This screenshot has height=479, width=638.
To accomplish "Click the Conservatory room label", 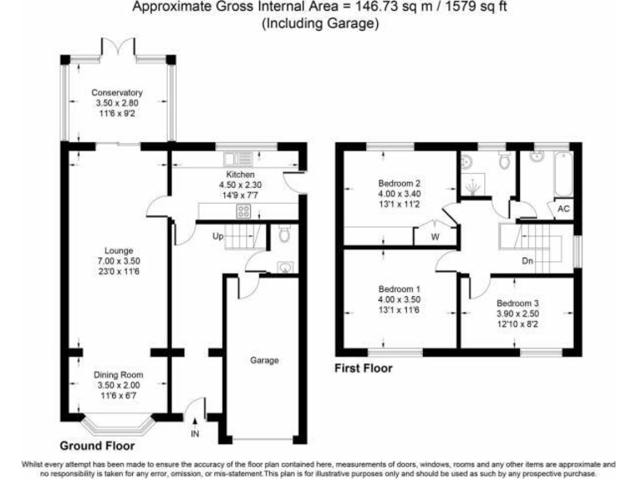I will coord(117,92).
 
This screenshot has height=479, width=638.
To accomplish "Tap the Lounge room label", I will coord(117,249).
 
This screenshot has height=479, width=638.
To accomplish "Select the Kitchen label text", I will coord(234,175).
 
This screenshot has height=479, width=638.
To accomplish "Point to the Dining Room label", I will coord(117,375).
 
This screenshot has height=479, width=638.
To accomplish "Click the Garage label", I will coord(265,360).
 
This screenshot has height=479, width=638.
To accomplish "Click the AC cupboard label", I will coord(563,209).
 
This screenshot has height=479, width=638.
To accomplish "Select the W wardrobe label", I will coord(434,235).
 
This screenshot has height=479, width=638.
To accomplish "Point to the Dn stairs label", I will coord(527,260).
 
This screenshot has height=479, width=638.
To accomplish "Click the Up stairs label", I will coord(218,237).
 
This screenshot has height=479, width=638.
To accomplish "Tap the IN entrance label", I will coord(195,434).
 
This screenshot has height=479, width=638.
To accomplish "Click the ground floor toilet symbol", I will coord(283,236).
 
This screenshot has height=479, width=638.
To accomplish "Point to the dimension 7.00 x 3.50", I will coord(117,259).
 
